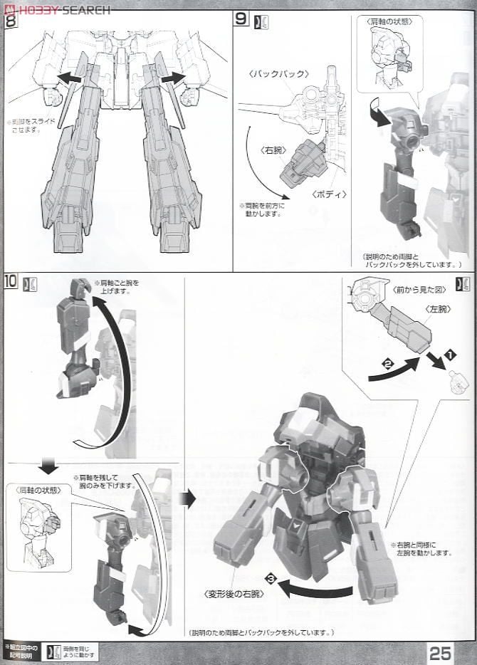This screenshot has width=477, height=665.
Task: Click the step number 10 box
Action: tap(11, 281)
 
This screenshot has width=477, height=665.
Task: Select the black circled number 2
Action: tap(388, 364)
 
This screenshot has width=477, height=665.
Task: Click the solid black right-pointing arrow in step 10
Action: tap(187, 499)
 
